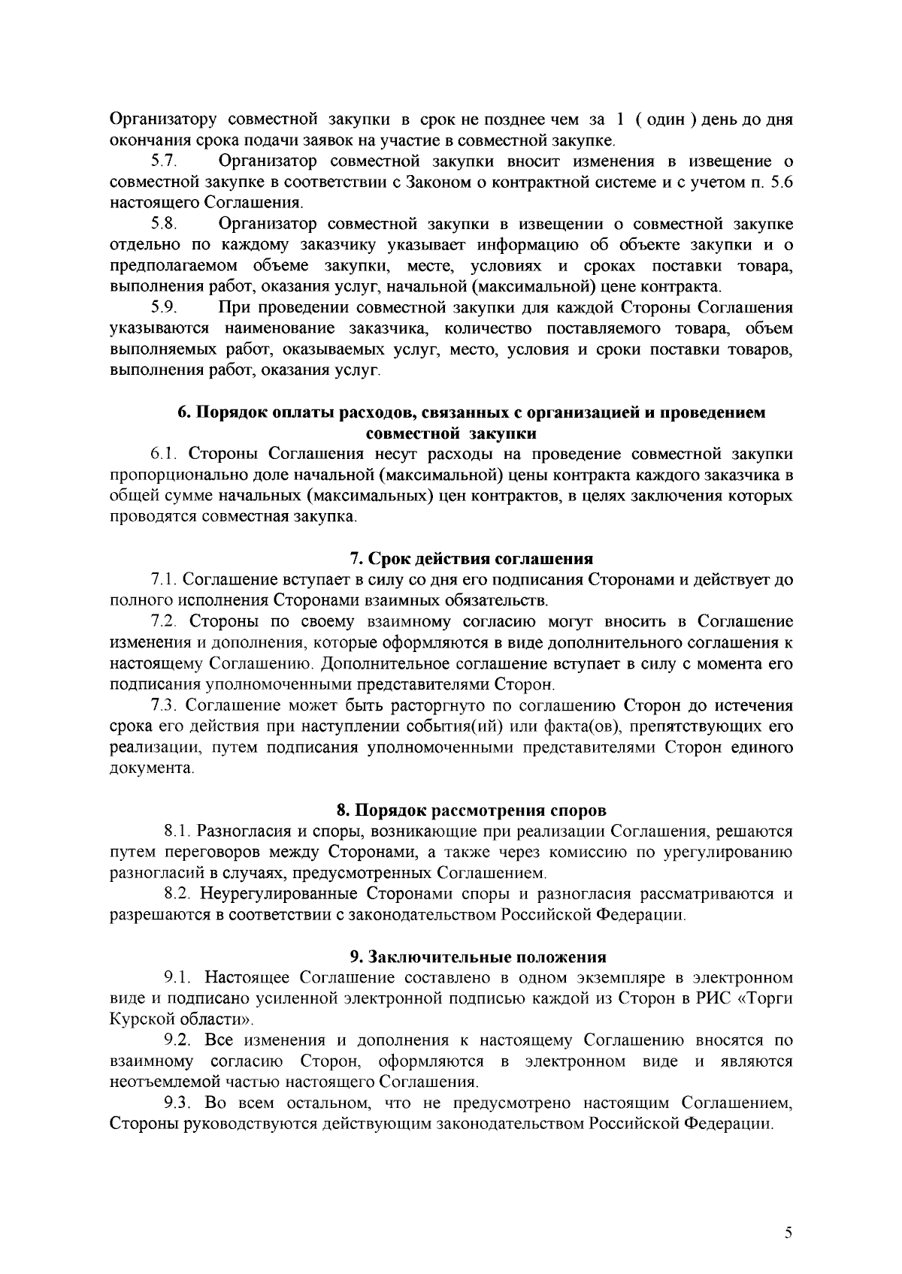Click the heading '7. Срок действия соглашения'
pos(472,559)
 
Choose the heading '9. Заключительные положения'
pos(478,957)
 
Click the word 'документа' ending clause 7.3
pos(150,768)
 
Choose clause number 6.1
pos(163,454)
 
